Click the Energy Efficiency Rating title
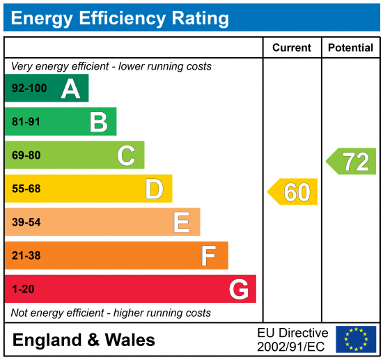coord(120,17)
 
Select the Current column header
coord(291,48)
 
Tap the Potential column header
coord(351,48)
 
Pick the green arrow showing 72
coord(352,162)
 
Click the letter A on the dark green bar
coord(70,88)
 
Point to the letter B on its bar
coord(98,122)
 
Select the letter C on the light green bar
coord(126,155)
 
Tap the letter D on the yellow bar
coord(154,189)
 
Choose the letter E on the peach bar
coord(182,222)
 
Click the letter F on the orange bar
coord(208,256)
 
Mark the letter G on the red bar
coord(239,289)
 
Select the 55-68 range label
coord(26,189)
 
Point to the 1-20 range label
coord(24,289)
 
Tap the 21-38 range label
coord(26,256)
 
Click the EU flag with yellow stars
coord(356,340)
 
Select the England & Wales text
coord(84,341)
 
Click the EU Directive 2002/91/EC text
coord(292,340)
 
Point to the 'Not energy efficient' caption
coord(111,313)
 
